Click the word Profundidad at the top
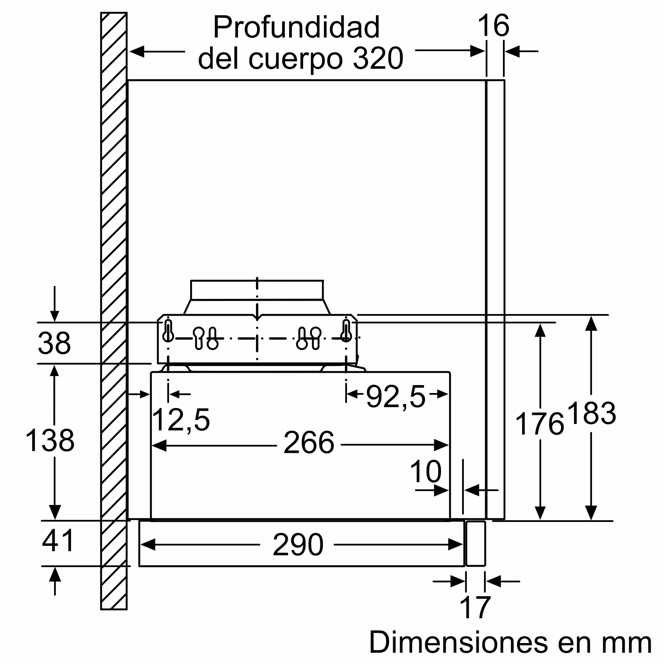(296, 28)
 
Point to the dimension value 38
(54, 343)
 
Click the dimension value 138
(50, 440)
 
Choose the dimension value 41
(58, 540)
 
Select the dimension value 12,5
(181, 420)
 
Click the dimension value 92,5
(396, 397)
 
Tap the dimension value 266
(309, 443)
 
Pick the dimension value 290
(298, 544)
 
